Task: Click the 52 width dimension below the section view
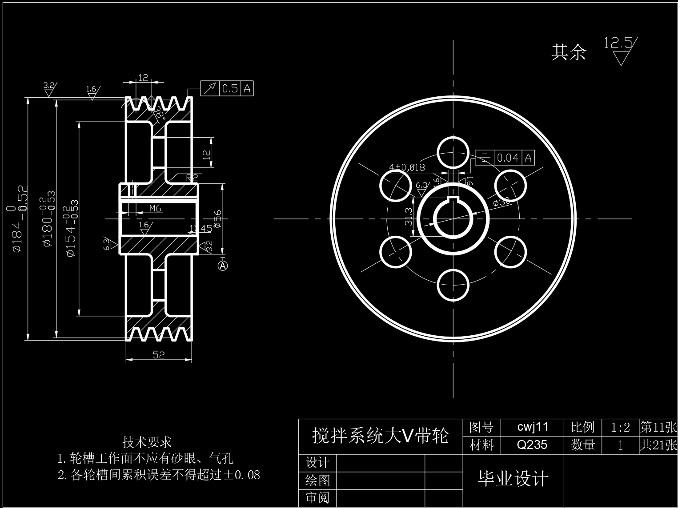coord(158,354)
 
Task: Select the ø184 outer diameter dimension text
coord(19,220)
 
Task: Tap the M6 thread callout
coord(155,208)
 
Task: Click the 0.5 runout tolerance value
coord(230,88)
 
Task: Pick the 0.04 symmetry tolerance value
coord(508,158)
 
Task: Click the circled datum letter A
coord(223,266)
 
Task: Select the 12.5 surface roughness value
coord(618,43)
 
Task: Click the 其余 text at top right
coord(569,52)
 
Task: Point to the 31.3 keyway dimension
coord(409,217)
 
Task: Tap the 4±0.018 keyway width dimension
coord(407,167)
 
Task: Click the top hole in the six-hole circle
coord(453,152)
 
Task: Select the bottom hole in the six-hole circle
coord(453,285)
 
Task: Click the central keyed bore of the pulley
coord(453,219)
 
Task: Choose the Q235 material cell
coord(532,444)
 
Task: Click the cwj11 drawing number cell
coord(533,427)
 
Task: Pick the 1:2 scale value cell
coord(620,428)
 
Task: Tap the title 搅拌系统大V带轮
coord(380,436)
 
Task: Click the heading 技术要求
coord(147,442)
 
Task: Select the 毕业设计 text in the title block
coord(513,479)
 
